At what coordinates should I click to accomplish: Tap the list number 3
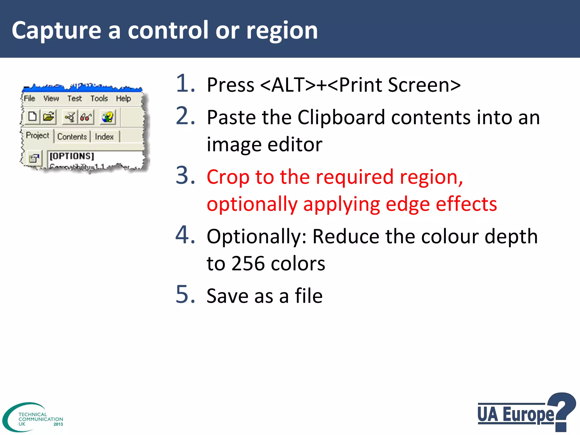(185, 176)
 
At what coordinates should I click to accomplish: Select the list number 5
(185, 295)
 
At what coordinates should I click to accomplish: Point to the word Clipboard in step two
(341, 117)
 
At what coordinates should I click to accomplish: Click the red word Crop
(228, 177)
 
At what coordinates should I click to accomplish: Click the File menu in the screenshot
(29, 98)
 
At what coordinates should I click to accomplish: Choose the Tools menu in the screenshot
(99, 98)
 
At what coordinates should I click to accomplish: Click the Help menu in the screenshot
(123, 98)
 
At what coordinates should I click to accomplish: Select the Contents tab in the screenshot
(72, 137)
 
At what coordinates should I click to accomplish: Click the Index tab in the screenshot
(104, 137)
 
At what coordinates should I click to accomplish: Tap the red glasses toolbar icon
(86, 117)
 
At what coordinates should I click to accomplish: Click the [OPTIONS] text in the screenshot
(72, 156)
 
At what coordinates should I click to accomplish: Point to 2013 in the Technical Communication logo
(58, 424)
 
